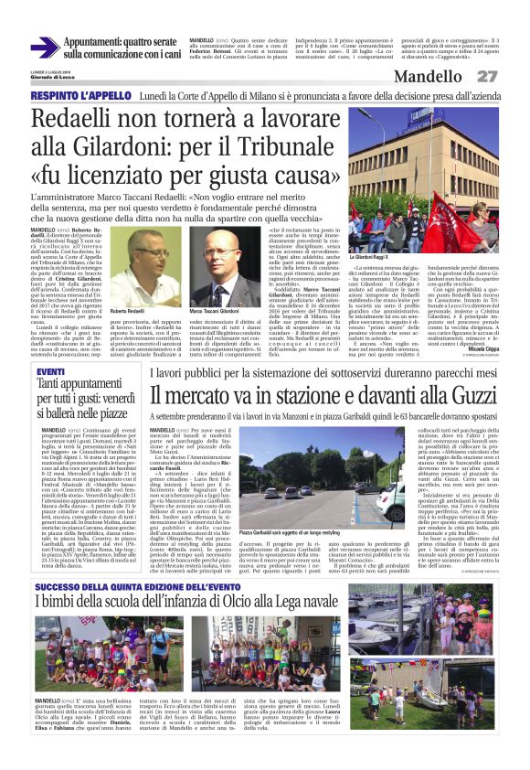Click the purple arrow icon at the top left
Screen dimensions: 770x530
tap(45, 48)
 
